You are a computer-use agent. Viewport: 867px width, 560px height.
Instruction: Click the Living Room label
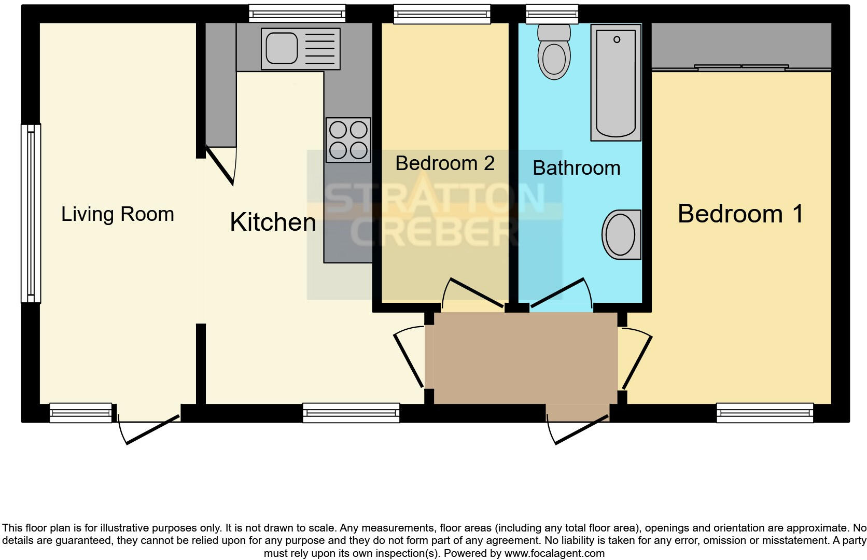pyautogui.click(x=118, y=214)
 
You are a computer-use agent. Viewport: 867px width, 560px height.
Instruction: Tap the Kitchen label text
pyautogui.click(x=273, y=222)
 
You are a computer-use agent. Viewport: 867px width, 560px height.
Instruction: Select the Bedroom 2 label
pyautogui.click(x=445, y=163)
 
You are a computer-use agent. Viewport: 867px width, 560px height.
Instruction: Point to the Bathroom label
pyautogui.click(x=576, y=168)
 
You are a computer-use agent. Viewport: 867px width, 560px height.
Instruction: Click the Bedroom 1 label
pyautogui.click(x=740, y=214)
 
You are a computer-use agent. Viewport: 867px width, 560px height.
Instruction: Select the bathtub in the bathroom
pyautogui.click(x=616, y=83)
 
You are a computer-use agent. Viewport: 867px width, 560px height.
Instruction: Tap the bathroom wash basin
pyautogui.click(x=621, y=234)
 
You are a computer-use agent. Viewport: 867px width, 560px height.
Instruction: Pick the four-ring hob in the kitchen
pyautogui.click(x=348, y=140)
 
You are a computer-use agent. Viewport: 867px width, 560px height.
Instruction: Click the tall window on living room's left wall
pyautogui.click(x=31, y=213)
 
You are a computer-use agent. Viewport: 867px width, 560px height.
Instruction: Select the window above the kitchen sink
pyautogui.click(x=297, y=13)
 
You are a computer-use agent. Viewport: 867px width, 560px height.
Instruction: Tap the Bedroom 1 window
pyautogui.click(x=765, y=413)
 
